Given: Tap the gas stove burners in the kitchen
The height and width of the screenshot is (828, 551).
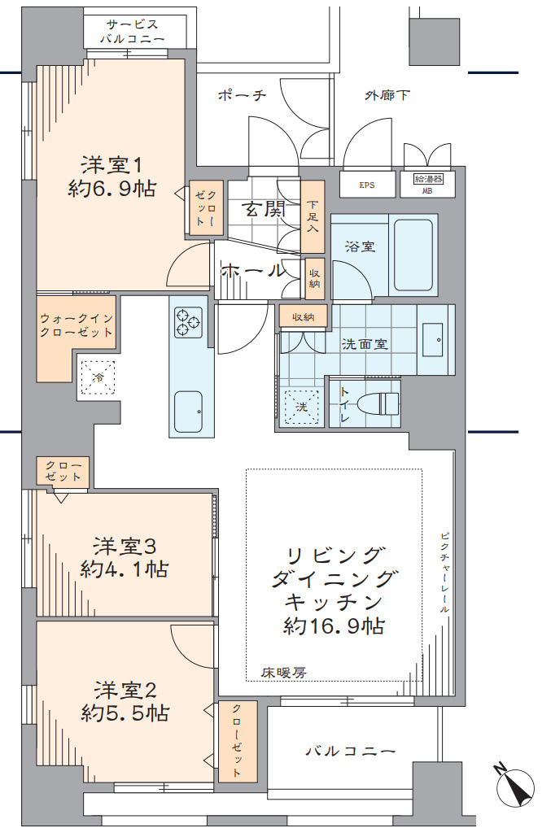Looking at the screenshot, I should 189,320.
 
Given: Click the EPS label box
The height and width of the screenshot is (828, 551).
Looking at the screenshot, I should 367,185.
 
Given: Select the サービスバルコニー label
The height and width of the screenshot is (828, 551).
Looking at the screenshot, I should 133,32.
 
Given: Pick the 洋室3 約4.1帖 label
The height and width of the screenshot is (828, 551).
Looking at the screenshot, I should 124,557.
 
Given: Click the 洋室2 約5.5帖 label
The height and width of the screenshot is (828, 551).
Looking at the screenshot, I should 125,701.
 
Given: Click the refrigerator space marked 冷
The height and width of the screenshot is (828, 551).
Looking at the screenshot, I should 98,377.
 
